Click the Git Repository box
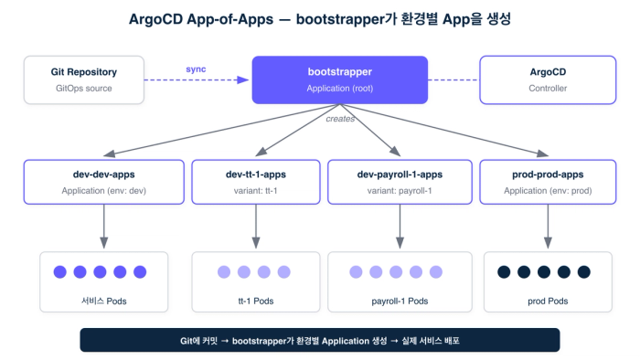(x=84, y=79)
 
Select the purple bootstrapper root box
(x=339, y=79)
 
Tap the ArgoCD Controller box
(x=548, y=79)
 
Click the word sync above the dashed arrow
(x=196, y=69)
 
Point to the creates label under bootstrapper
(x=340, y=119)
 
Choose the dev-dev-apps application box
(x=103, y=182)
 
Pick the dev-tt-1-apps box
(x=256, y=182)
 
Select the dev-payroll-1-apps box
(x=400, y=182)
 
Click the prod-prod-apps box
(x=548, y=182)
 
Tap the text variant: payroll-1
(x=400, y=191)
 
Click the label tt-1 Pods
(x=256, y=302)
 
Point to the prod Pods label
(x=548, y=302)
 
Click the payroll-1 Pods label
(x=400, y=302)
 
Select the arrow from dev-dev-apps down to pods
(x=103, y=227)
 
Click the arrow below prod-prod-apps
(x=548, y=227)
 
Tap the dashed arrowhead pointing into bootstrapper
(x=243, y=79)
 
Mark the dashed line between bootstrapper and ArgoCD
(x=453, y=79)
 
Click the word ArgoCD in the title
(x=155, y=19)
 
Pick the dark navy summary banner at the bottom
(x=320, y=340)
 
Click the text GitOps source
(x=84, y=89)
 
